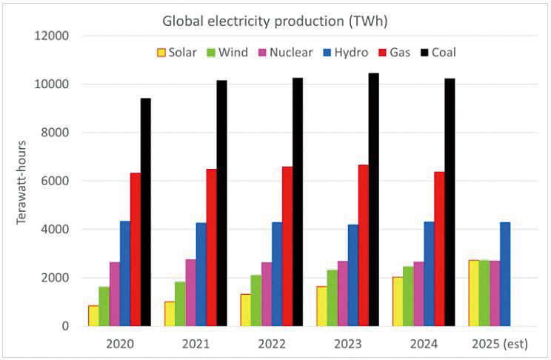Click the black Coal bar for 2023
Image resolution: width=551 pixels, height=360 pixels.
[373, 200]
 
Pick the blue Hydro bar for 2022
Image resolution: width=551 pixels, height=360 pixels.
[277, 274]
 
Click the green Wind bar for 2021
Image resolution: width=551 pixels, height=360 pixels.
[180, 304]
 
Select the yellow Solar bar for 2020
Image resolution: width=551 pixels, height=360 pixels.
[93, 316]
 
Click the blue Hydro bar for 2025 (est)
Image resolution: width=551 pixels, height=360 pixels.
[505, 274]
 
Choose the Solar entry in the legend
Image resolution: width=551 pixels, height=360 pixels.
[176, 53]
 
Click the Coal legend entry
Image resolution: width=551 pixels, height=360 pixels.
[438, 53]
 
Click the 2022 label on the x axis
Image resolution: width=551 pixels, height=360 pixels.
[271, 344]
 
